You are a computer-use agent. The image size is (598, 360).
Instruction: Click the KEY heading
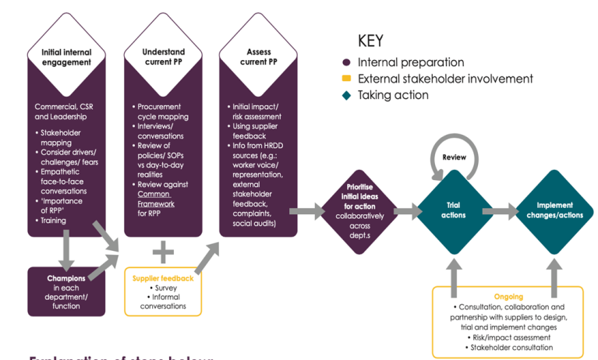pos(370,41)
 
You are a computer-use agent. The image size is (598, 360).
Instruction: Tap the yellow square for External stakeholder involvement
pos(345,79)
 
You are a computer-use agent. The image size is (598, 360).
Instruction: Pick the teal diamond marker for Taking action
pos(345,95)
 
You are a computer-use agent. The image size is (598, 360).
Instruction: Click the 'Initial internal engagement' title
pos(66,57)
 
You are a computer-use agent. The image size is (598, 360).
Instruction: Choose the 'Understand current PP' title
pos(163,57)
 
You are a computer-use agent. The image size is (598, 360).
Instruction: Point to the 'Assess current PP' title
pos(258,57)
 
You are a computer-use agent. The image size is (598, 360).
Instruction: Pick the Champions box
pos(66,291)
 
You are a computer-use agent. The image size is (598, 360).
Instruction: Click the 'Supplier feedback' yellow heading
pos(162,278)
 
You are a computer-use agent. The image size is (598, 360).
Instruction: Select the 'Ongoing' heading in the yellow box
pos(508,297)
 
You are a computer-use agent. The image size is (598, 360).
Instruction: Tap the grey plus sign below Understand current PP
pos(163,251)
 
